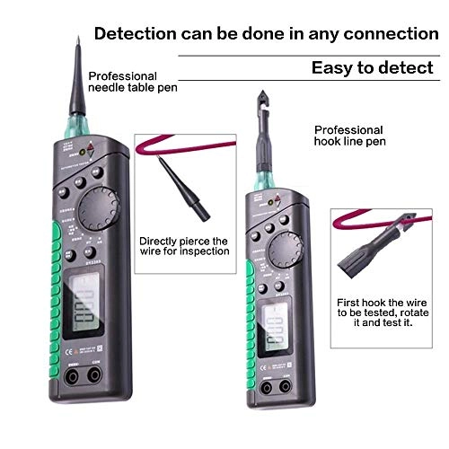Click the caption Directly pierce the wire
(184, 246)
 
